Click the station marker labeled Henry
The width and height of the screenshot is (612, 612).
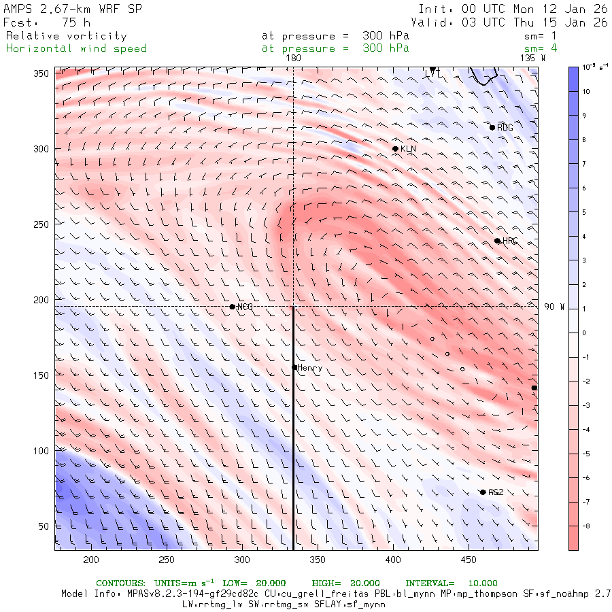294,367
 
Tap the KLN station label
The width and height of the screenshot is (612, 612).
408,148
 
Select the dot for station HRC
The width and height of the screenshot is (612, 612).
497,241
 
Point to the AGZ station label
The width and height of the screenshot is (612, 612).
496,492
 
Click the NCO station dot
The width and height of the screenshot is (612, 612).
232,307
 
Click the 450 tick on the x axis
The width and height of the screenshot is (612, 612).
467,560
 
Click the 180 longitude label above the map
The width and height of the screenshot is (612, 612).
294,58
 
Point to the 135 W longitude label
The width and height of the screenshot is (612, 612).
532,58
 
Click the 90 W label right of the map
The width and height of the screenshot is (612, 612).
554,307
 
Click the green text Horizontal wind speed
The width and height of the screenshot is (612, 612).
76,48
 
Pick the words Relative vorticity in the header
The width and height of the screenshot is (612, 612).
67,36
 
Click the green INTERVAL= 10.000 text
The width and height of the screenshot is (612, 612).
452,583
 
